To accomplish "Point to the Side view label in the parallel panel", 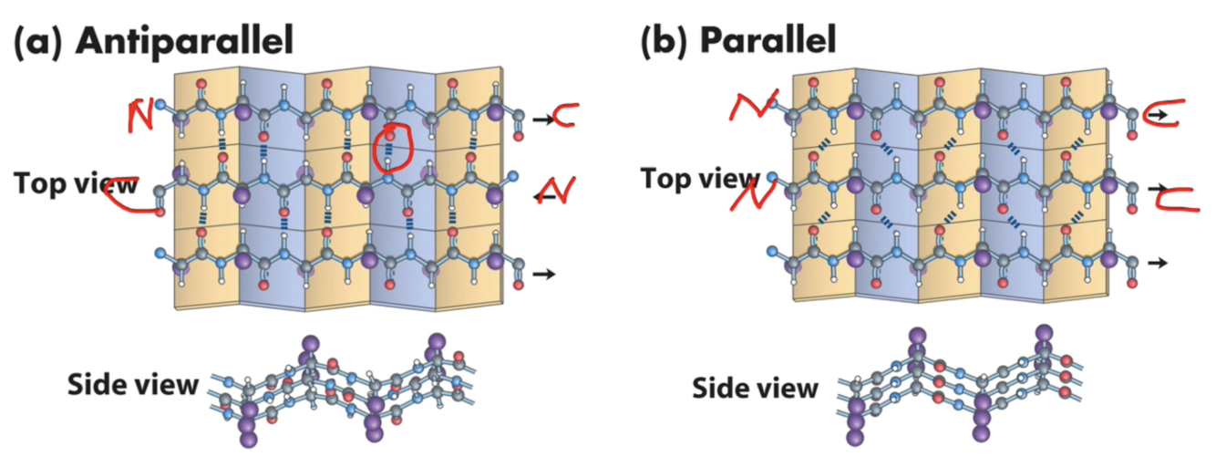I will [x=754, y=388].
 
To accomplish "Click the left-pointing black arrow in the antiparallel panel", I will [x=544, y=195].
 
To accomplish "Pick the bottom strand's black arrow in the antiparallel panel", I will [x=544, y=273].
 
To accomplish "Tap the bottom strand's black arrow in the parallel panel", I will [x=1157, y=263].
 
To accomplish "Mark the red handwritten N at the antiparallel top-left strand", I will [x=142, y=115].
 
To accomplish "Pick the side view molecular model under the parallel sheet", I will [x=957, y=383].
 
